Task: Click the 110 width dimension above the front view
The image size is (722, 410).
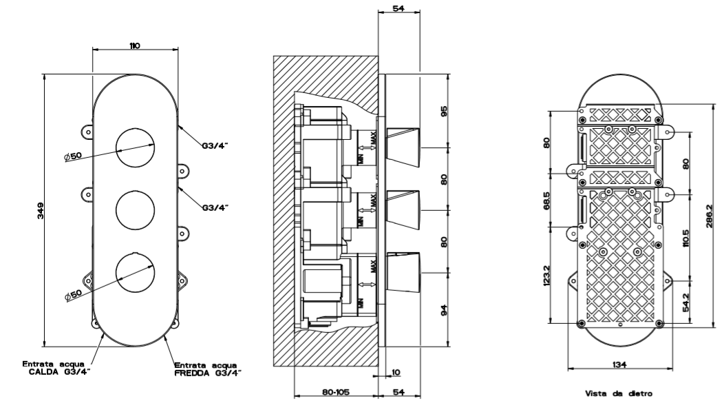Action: point(134,45)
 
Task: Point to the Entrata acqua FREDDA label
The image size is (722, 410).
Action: point(206,369)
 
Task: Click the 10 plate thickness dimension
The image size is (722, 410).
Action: point(395,373)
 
